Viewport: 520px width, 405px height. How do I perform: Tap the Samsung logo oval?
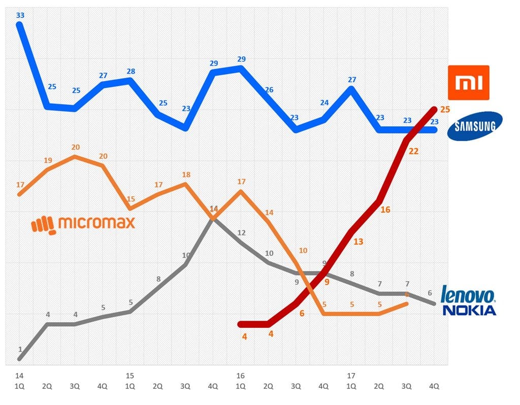pyautogui.click(x=474, y=125)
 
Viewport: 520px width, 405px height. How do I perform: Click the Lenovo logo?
pyautogui.click(x=468, y=295)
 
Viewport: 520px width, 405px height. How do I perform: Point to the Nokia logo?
pyautogui.click(x=469, y=310)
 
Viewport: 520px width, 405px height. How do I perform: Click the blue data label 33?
pyautogui.click(x=20, y=15)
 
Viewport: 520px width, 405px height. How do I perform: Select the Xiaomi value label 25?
pyautogui.click(x=445, y=109)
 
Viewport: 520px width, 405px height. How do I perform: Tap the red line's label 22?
pyautogui.click(x=413, y=151)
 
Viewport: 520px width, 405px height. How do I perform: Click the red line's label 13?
pyautogui.click(x=358, y=242)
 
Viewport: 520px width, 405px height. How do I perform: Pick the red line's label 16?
pyautogui.click(x=385, y=209)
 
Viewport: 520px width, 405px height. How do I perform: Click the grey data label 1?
pyautogui.click(x=20, y=349)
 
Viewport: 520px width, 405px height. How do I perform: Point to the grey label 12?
pyautogui.click(x=241, y=233)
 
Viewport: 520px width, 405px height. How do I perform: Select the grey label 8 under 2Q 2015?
pyautogui.click(x=158, y=279)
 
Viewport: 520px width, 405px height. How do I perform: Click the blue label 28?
pyautogui.click(x=131, y=71)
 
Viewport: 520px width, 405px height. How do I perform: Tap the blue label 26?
pyautogui.click(x=269, y=90)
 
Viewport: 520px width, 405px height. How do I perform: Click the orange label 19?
pyautogui.click(x=48, y=160)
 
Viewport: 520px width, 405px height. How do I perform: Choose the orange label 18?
pyautogui.click(x=186, y=175)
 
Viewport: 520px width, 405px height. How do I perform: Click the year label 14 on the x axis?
pyautogui.click(x=19, y=376)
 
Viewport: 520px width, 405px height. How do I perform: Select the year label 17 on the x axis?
pyautogui.click(x=351, y=376)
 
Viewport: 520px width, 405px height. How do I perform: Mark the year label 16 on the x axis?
pyautogui.click(x=240, y=376)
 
